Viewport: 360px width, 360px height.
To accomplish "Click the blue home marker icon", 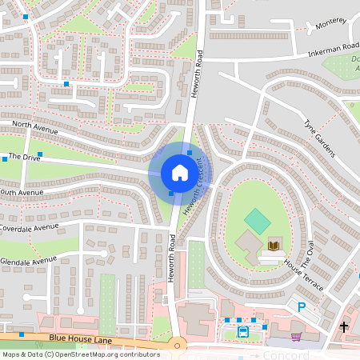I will coord(180,173).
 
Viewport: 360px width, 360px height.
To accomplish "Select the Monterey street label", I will coord(330,22).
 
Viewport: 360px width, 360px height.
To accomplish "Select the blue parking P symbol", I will coord(302,306).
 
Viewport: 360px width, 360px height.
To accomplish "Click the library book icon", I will coord(274,244).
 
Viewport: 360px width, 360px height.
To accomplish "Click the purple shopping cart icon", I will coord(296,336).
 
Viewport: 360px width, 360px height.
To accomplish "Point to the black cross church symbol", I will coord(344,326).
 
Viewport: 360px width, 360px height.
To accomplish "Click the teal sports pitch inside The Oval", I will coord(257,221).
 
